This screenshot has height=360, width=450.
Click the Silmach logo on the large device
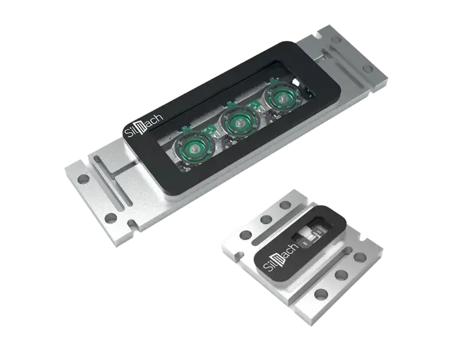click(144, 125)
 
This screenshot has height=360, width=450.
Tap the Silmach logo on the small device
click(281, 258)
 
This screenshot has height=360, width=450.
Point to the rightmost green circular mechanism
click(282, 98)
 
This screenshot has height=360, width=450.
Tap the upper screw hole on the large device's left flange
click(83, 179)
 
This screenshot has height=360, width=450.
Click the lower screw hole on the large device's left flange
click(110, 218)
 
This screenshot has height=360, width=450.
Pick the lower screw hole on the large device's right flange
click(367, 69)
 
